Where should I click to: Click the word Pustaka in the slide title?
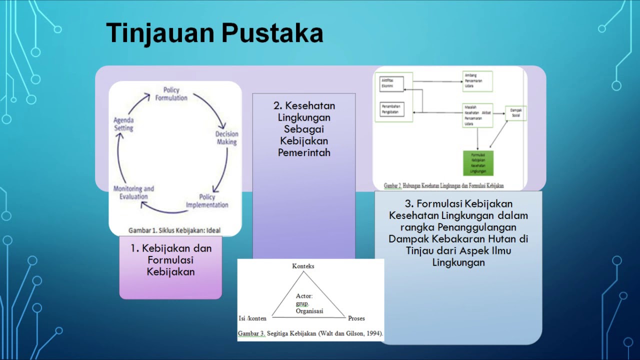[x=272, y=33]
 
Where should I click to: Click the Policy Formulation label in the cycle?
[x=171, y=94]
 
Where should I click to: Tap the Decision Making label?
[x=226, y=138]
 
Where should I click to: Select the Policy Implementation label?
[x=207, y=201]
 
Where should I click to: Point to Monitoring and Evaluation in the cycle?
[x=133, y=192]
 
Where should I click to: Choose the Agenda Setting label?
[x=123, y=124]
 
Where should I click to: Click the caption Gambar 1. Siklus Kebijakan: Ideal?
[x=174, y=230]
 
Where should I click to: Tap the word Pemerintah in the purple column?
[x=304, y=152]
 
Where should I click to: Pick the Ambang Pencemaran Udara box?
[x=477, y=81]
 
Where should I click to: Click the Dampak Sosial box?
[x=515, y=113]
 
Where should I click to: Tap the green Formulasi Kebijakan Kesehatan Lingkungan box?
[x=478, y=163]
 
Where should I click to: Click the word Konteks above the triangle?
[x=303, y=266]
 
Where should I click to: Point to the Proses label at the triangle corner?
[x=356, y=318]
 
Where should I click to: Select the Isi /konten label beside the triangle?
[x=252, y=318]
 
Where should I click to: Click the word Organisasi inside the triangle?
[x=309, y=311]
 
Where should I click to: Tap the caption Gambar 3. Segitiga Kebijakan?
[x=310, y=333]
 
